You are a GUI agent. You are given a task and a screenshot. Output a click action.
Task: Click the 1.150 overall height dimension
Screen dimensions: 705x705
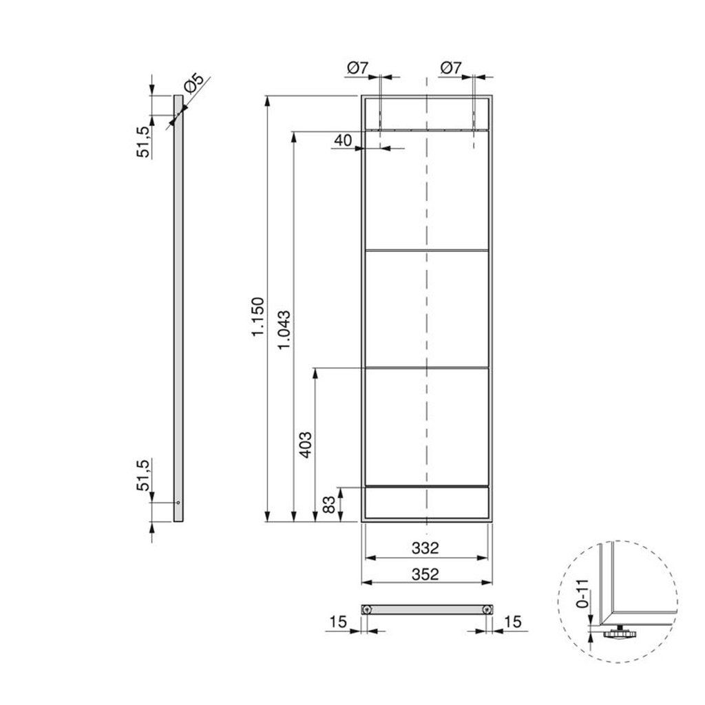click(x=257, y=317)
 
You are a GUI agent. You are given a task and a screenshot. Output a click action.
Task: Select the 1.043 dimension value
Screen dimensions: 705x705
click(x=284, y=330)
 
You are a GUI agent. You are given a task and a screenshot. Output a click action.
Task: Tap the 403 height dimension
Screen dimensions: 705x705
click(x=306, y=445)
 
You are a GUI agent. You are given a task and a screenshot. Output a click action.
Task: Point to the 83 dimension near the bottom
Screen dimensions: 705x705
click(x=330, y=505)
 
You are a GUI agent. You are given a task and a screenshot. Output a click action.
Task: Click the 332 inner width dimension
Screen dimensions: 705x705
click(x=425, y=547)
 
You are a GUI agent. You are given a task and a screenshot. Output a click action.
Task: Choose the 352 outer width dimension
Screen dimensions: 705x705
click(x=425, y=574)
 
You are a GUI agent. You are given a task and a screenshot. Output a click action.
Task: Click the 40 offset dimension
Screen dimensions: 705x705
click(x=343, y=140)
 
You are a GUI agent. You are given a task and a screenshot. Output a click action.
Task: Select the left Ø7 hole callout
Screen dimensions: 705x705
click(x=357, y=68)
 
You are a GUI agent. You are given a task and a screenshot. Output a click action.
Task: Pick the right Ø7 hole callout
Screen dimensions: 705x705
click(x=451, y=68)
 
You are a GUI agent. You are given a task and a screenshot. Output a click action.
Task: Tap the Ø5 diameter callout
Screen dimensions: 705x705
click(x=193, y=83)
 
